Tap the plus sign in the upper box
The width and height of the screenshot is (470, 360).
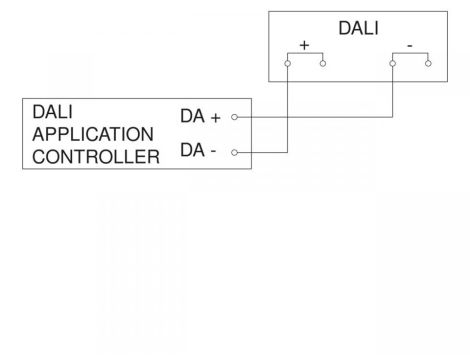tap(304, 46)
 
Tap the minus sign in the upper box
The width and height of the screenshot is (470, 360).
tap(410, 46)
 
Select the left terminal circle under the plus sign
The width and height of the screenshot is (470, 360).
tap(287, 63)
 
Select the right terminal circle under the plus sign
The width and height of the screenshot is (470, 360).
tap(322, 63)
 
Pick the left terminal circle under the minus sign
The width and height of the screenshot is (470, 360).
tap(392, 63)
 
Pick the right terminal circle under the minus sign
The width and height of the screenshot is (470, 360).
tap(427, 63)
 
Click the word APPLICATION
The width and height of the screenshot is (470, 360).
tap(93, 134)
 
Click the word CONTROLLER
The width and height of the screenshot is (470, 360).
tap(96, 156)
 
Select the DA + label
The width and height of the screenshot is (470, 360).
tap(200, 117)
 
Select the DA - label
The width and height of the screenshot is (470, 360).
tap(198, 152)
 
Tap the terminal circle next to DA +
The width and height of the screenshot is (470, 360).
tap(233, 117)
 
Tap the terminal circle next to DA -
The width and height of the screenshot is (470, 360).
tap(233, 153)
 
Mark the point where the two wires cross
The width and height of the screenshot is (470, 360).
tap(287, 117)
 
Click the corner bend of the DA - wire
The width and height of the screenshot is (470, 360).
tap(287, 153)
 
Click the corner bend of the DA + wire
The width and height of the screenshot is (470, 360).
tap(392, 117)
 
